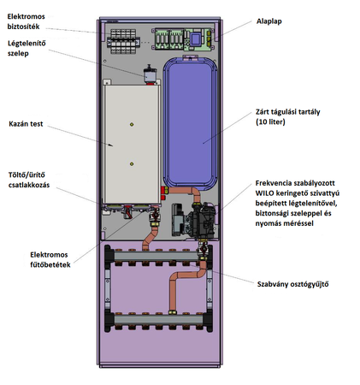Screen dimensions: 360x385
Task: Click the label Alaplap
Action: [x=269, y=21]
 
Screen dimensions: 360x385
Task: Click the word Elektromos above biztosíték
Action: [x=26, y=16]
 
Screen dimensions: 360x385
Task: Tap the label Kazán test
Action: [x=26, y=124]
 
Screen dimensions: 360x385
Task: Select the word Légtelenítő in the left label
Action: [x=27, y=44]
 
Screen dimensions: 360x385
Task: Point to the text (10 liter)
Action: [x=270, y=122]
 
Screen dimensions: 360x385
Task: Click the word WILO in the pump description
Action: [x=264, y=193]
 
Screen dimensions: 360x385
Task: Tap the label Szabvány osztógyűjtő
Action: [x=292, y=284]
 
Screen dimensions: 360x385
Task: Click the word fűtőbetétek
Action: [x=50, y=264]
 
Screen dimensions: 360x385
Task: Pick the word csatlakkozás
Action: [x=29, y=185]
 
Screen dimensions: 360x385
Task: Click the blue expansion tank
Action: [x=190, y=122]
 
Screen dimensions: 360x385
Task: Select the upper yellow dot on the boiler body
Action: [x=132, y=124]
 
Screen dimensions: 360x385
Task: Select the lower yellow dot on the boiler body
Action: [x=132, y=164]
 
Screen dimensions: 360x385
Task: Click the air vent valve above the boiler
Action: [x=150, y=74]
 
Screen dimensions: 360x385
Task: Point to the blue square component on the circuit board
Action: [x=196, y=39]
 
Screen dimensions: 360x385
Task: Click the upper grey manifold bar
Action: [x=156, y=256]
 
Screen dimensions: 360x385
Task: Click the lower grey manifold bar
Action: [x=158, y=319]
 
